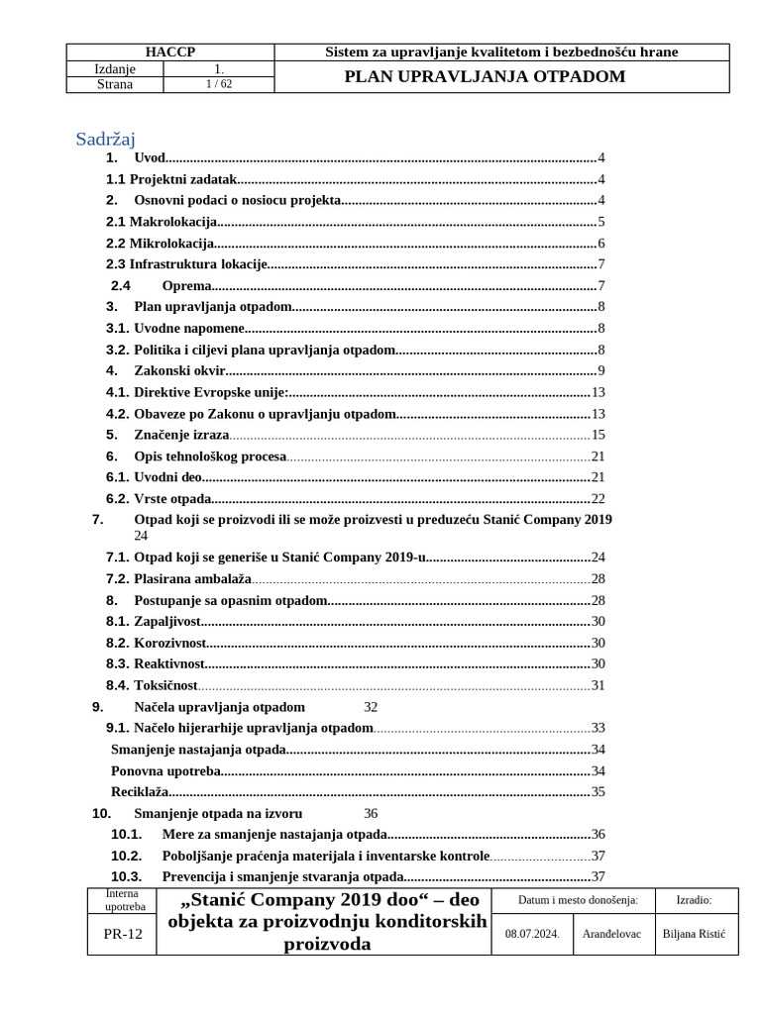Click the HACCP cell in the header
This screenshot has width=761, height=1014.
pos(169,52)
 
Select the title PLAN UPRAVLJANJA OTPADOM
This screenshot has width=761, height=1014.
pos(485,76)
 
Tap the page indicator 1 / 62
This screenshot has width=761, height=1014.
pos(212,85)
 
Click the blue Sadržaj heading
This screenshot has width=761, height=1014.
pos(105,139)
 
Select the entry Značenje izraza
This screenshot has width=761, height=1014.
pos(181,435)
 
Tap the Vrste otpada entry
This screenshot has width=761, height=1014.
pos(172,499)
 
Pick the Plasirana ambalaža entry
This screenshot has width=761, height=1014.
pos(192,579)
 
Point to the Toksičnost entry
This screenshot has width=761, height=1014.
pos(165,685)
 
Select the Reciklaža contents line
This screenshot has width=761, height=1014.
pos(140,792)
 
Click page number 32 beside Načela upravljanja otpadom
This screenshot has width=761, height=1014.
pos(372,707)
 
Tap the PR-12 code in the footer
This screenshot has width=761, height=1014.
pos(122,935)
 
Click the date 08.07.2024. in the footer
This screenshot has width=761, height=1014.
pos(532,934)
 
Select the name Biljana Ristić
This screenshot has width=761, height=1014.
pos(694,934)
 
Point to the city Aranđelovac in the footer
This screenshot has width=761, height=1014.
pos(612,934)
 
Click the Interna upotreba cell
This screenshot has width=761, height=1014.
pos(124,900)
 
